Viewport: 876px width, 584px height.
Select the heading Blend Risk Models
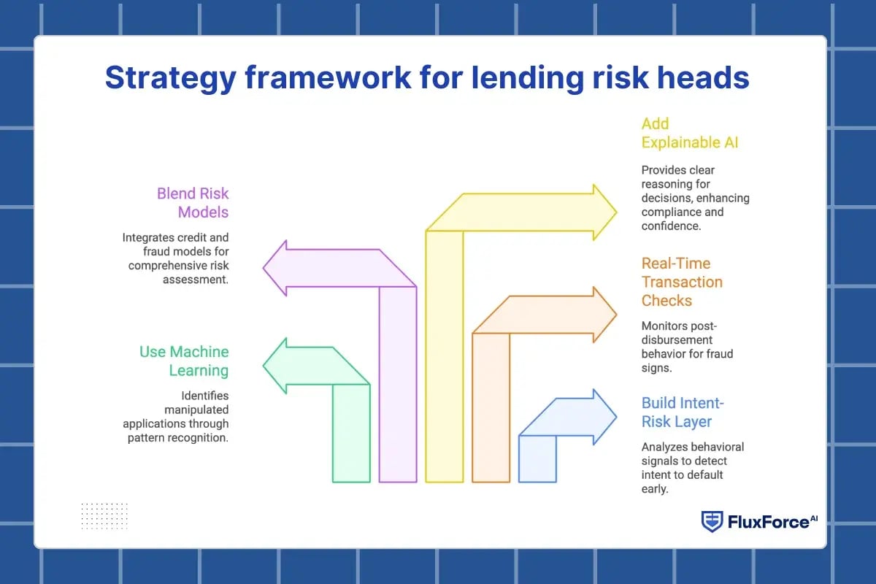pyautogui.click(x=193, y=203)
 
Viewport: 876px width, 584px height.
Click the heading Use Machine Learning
pyautogui.click(x=185, y=361)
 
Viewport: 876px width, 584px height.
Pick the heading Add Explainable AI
pyautogui.click(x=689, y=133)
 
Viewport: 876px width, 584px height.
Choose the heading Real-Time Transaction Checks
pyautogui.click(x=682, y=282)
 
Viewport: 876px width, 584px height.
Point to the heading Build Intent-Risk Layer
pyautogui.click(x=683, y=412)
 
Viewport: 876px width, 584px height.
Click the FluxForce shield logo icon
pyautogui.click(x=712, y=521)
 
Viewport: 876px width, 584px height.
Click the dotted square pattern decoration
pyautogui.click(x=104, y=515)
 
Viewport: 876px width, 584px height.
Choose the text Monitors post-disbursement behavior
pyautogui.click(x=687, y=347)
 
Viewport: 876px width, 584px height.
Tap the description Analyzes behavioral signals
pyautogui.click(x=693, y=468)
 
